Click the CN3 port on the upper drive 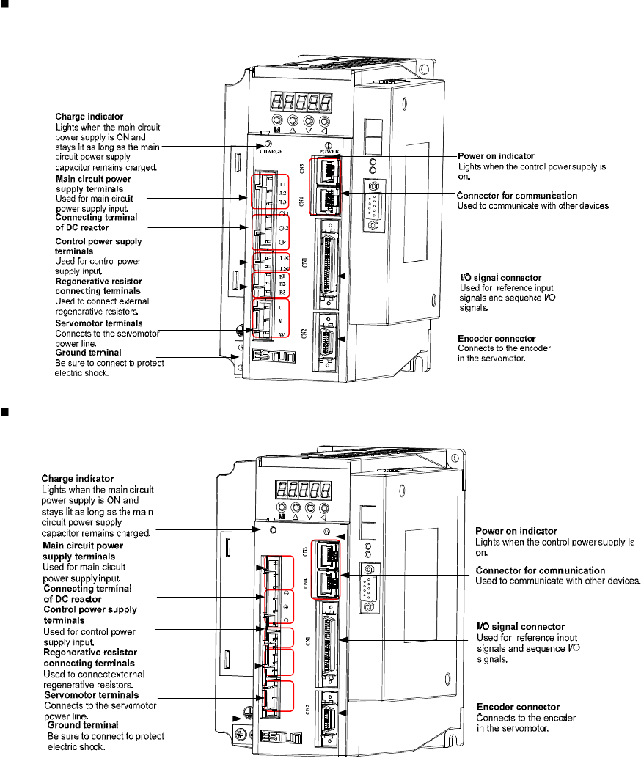tap(329, 169)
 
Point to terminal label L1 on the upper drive tap(283, 183)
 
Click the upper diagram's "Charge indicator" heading tap(89, 117)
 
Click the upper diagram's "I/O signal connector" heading tap(499, 278)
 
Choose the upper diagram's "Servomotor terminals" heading tap(99, 323)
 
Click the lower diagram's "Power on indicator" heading tap(516, 531)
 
